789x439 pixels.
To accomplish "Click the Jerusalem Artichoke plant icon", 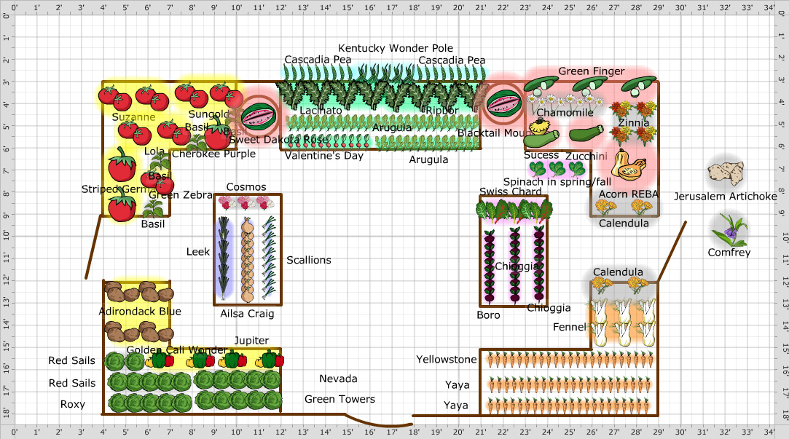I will click(726, 173).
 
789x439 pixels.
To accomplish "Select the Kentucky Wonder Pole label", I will click(395, 48).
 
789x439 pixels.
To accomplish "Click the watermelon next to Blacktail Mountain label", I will click(502, 103).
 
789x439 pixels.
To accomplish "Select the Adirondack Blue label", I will click(139, 312).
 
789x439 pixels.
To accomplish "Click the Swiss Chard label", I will click(510, 192).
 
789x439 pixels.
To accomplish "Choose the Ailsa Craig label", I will click(247, 314).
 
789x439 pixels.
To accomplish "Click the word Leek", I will click(197, 252).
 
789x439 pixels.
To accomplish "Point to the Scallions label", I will click(308, 260).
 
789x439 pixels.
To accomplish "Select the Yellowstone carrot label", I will click(446, 359).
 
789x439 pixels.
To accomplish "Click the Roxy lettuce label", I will click(72, 404).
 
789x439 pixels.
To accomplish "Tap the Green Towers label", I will click(339, 399).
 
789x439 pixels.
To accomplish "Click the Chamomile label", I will click(565, 112).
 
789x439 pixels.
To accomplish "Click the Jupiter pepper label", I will click(251, 340).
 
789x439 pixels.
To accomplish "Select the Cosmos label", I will click(246, 187).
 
